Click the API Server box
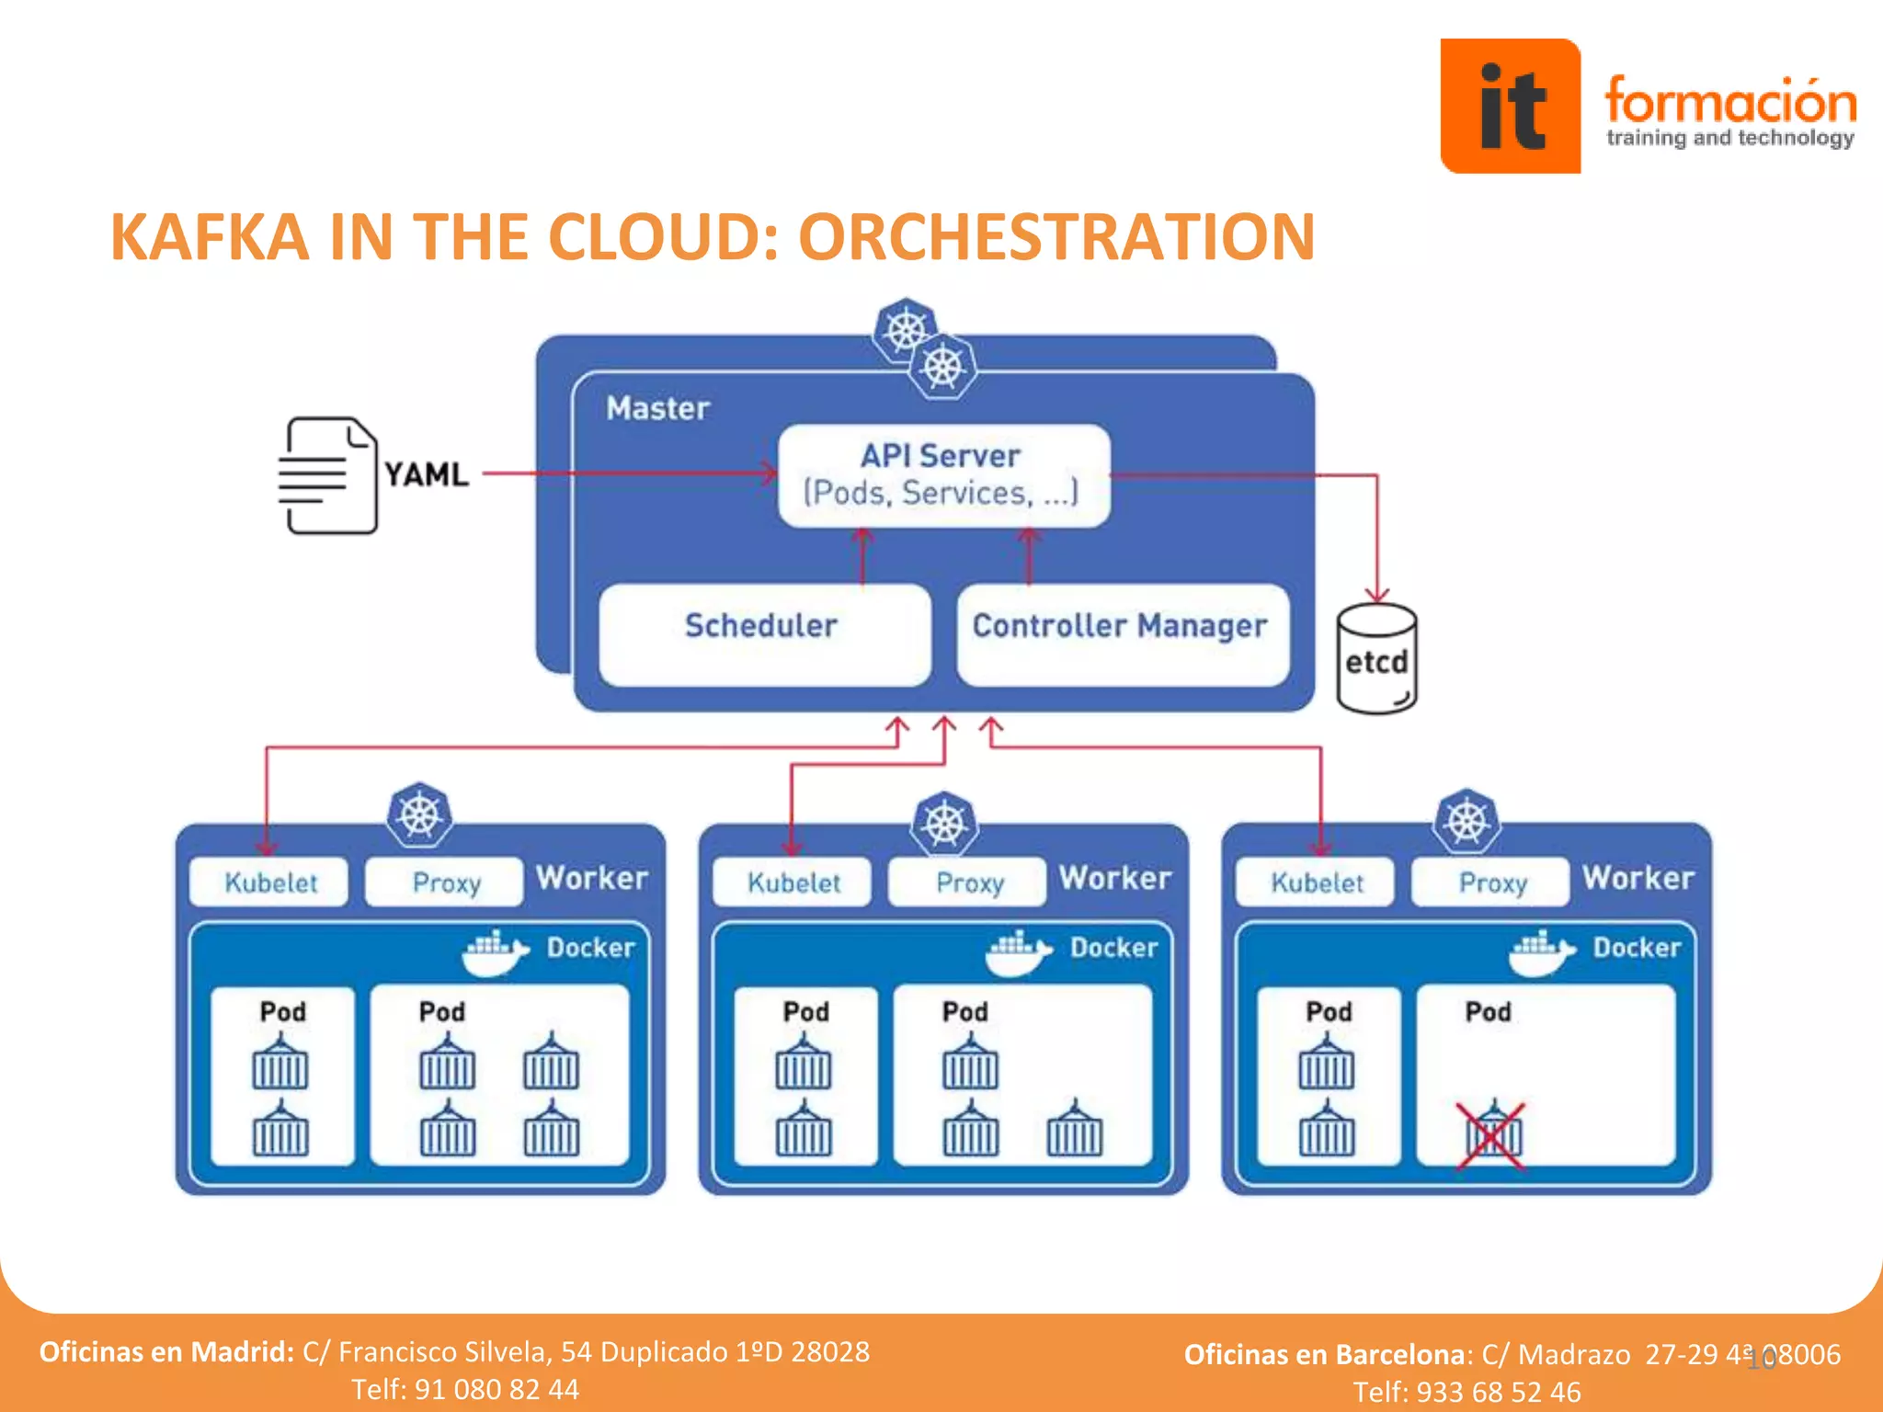point(943,475)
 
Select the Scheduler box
point(763,634)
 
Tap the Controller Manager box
point(1121,634)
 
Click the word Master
point(657,408)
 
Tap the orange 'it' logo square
point(1510,106)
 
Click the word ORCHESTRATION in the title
point(1056,237)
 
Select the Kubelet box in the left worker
point(270,882)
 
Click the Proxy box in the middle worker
point(968,882)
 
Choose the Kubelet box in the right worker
point(1316,882)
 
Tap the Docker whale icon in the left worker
point(495,952)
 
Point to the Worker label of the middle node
point(1114,878)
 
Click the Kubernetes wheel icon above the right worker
point(1466,820)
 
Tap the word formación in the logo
point(1729,101)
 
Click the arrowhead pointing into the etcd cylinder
point(1376,595)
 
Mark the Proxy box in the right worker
point(1491,882)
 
